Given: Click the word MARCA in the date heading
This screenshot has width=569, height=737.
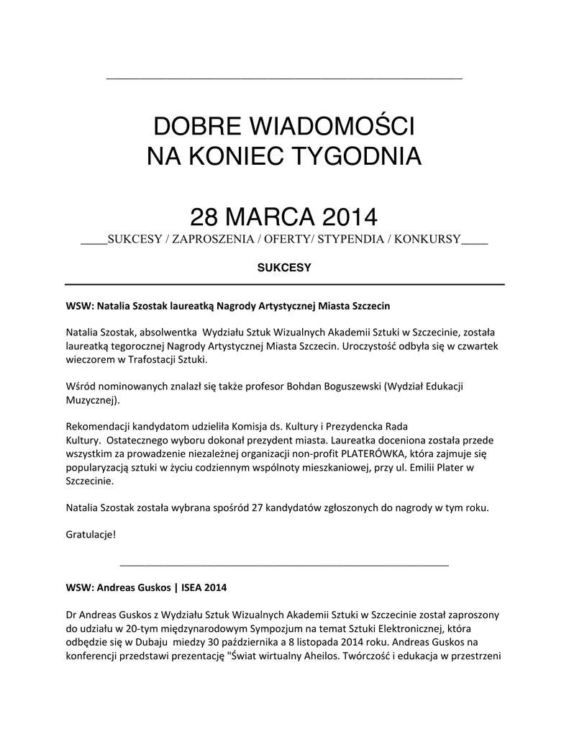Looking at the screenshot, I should (265, 216).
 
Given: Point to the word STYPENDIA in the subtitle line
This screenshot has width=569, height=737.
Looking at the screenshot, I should (350, 239).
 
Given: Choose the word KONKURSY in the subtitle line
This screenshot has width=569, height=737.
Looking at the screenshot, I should (427, 239).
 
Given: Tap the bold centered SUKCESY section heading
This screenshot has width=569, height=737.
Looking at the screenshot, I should (284, 268).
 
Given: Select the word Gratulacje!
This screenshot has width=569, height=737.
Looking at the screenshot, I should (91, 535).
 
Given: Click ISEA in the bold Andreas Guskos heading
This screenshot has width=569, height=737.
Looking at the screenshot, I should (190, 588).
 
